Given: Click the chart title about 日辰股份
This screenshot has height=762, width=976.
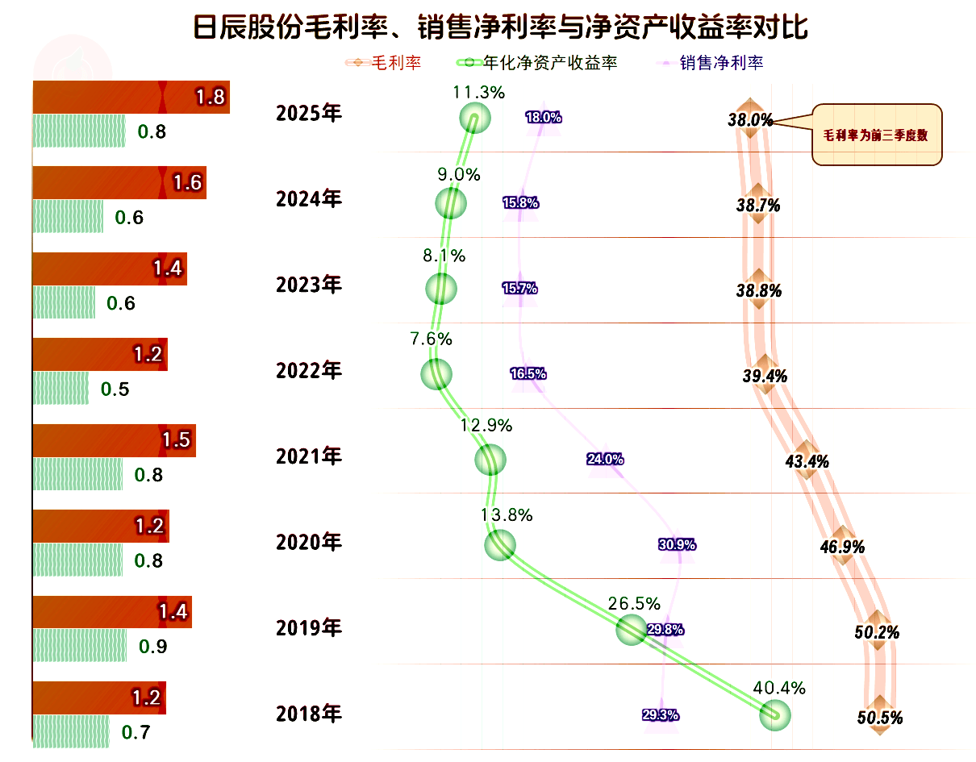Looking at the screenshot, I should [500, 27].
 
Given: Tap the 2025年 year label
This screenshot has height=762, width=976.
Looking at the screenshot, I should [308, 114].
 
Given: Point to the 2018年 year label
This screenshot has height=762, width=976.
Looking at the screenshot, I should [308, 714].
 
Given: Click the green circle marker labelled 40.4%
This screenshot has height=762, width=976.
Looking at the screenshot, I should [775, 714].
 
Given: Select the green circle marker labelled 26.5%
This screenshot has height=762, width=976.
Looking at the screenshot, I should [631, 629].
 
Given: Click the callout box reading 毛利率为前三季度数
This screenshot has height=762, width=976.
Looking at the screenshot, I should [876, 135].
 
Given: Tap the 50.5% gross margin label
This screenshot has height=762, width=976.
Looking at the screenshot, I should [879, 718].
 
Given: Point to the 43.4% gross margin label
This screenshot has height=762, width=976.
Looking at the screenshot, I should [807, 462].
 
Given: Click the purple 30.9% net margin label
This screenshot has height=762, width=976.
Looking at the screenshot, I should [677, 544].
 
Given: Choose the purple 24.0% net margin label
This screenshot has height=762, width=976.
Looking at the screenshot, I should [605, 459].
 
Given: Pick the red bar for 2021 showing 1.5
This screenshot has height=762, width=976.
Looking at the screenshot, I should [114, 440].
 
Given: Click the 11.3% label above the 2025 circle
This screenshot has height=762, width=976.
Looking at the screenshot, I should [479, 93].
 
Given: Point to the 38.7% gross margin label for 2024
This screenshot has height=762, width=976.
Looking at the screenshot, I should [758, 206].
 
